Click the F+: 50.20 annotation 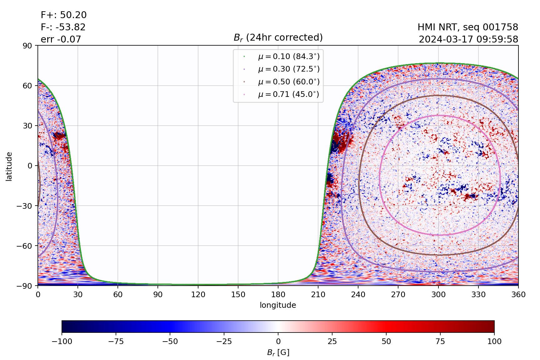pyautogui.click(x=64, y=15)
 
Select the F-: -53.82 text pyautogui.click(x=63, y=27)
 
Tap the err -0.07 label pyautogui.click(x=61, y=39)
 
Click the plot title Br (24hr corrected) pyautogui.click(x=278, y=37)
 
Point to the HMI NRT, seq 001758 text pyautogui.click(x=468, y=27)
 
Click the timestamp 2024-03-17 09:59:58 pyautogui.click(x=468, y=39)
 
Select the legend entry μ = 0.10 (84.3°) pyautogui.click(x=288, y=57)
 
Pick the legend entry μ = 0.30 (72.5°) pyautogui.click(x=288, y=69)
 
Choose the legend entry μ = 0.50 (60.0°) pyautogui.click(x=288, y=82)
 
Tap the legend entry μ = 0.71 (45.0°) pyautogui.click(x=288, y=94)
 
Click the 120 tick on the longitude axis pyautogui.click(x=198, y=294)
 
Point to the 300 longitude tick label pyautogui.click(x=438, y=294)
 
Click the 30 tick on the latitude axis pyautogui.click(x=30, y=126)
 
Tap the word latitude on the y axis pyautogui.click(x=9, y=166)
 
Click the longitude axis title pyautogui.click(x=278, y=305)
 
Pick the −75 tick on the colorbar pyautogui.click(x=116, y=342)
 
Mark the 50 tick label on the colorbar pyautogui.click(x=386, y=342)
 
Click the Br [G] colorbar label pyautogui.click(x=278, y=352)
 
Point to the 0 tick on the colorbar pyautogui.click(x=278, y=342)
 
